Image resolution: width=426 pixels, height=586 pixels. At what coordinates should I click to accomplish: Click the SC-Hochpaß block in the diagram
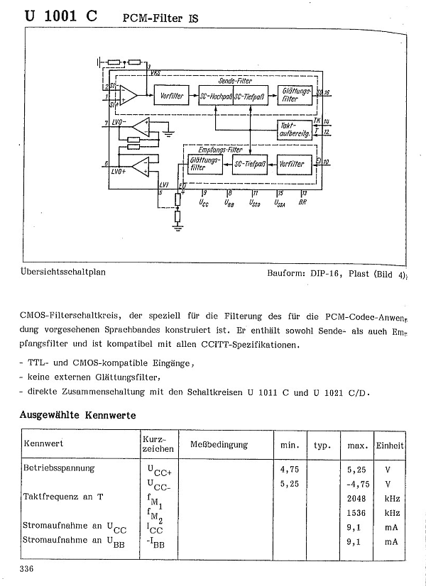(217, 96)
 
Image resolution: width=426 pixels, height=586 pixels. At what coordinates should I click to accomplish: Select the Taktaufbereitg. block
(294, 129)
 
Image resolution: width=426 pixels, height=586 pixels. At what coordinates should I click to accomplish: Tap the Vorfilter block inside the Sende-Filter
(172, 96)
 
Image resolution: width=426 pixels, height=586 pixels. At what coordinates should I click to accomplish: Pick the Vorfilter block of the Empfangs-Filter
(292, 164)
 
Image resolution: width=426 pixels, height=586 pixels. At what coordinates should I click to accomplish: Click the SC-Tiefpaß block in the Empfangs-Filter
(250, 164)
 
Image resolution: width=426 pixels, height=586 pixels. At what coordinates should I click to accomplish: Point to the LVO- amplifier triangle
(141, 126)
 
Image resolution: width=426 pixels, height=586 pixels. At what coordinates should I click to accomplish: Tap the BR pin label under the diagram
(303, 202)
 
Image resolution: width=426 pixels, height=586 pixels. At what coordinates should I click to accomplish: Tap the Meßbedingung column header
(219, 445)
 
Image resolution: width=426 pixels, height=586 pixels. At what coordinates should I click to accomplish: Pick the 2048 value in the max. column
(356, 497)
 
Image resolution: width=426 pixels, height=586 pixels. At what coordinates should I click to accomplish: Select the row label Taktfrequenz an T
(64, 497)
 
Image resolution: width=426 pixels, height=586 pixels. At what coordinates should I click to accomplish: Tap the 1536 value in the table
(356, 512)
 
